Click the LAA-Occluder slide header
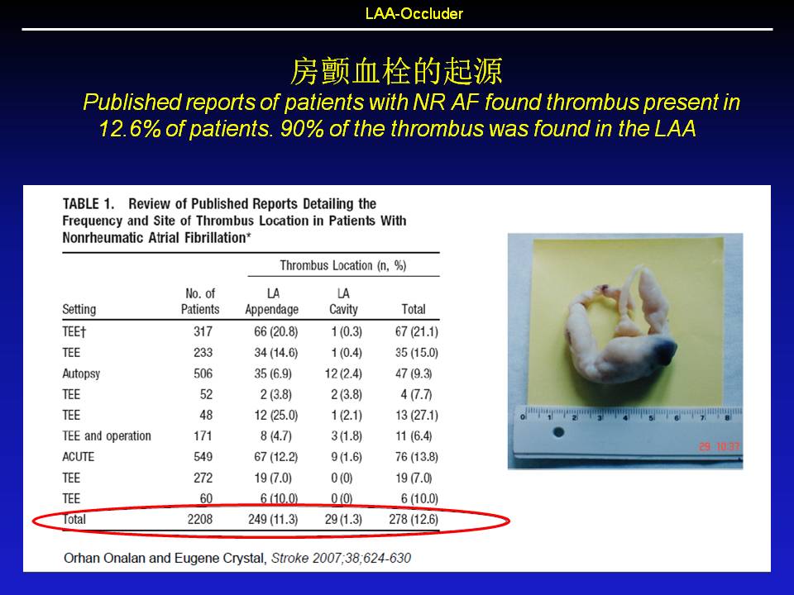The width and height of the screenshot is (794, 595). [x=414, y=13]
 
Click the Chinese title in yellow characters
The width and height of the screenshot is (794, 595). [x=396, y=71]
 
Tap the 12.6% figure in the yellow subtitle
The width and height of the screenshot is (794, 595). [x=130, y=129]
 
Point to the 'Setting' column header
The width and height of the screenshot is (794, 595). [x=79, y=309]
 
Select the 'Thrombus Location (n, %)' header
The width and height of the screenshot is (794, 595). [x=342, y=265]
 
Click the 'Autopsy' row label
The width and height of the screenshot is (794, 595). [x=81, y=374]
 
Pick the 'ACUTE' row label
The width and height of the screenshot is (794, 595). [x=79, y=457]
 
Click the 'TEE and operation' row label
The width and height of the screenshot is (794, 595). [x=107, y=436]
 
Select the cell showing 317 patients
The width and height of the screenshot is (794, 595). [x=203, y=332]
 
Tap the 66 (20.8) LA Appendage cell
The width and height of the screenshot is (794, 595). [x=275, y=332]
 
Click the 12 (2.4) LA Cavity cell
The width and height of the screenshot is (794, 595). [x=343, y=374]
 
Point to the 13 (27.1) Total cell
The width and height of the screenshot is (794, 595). [x=416, y=416]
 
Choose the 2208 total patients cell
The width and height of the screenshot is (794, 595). [x=200, y=520]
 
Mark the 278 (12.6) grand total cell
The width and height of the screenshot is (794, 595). [x=414, y=520]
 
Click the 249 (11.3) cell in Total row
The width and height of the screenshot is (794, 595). [x=273, y=520]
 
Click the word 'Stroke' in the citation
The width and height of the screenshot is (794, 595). [x=289, y=558]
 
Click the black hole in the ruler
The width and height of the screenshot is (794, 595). [x=558, y=432]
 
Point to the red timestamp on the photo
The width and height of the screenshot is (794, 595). [x=719, y=446]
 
